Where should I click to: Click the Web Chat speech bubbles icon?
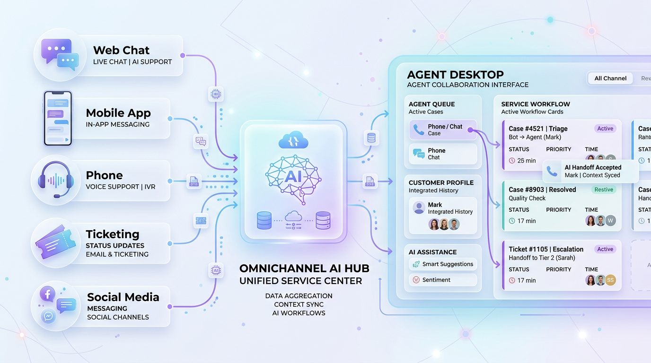click(x=59, y=54)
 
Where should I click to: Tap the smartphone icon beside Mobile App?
click(x=58, y=118)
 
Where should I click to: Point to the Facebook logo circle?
click(x=48, y=294)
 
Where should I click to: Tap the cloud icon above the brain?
click(x=293, y=140)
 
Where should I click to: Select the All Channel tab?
click(x=610, y=78)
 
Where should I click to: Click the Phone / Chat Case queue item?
click(x=442, y=130)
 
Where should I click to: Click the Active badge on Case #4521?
click(x=605, y=129)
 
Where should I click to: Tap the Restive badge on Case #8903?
click(x=604, y=190)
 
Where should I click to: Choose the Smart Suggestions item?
click(x=442, y=264)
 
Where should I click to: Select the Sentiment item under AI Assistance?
click(x=442, y=280)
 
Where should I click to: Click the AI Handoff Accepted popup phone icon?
click(x=552, y=171)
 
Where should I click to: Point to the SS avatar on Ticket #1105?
click(x=611, y=280)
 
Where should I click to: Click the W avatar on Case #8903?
click(x=611, y=220)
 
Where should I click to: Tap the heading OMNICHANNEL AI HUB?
click(x=304, y=268)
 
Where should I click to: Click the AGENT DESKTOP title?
click(x=455, y=74)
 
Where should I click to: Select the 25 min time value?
click(x=527, y=161)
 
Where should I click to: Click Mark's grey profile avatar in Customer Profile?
click(x=419, y=207)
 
